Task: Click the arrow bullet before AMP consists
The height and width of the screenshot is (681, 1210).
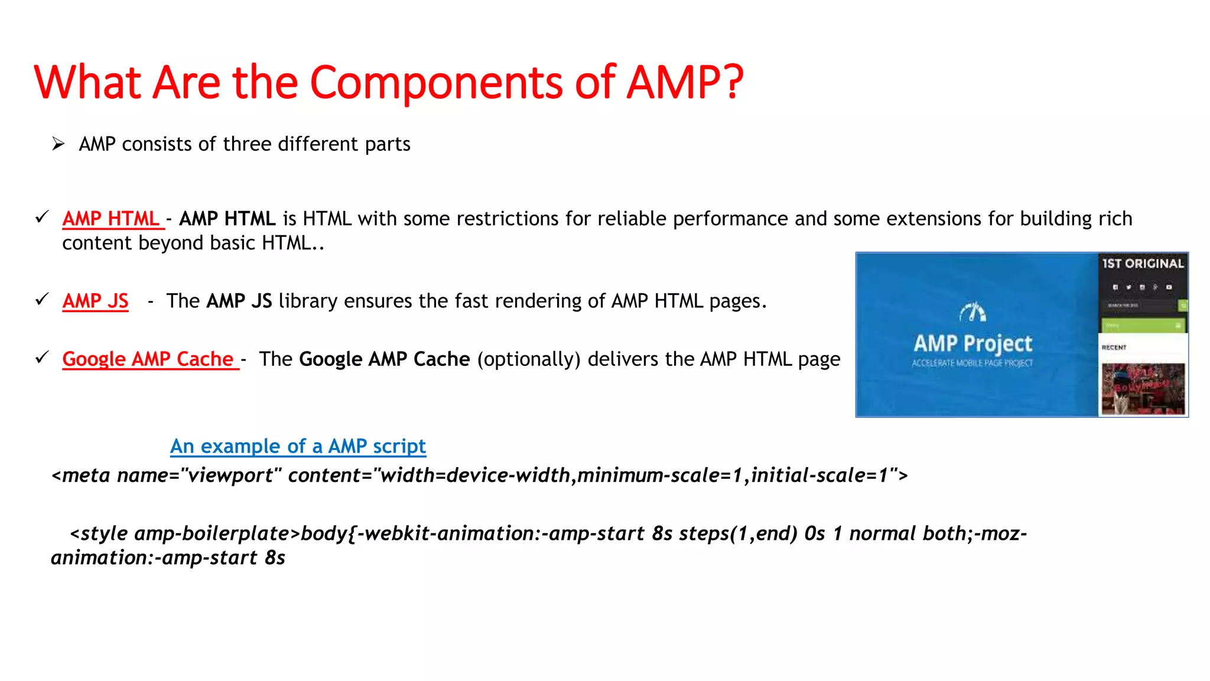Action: point(58,144)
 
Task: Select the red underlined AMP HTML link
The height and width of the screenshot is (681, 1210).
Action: point(112,219)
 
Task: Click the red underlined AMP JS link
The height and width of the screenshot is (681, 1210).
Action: point(95,301)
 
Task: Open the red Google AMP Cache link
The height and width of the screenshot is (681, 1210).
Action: point(149,359)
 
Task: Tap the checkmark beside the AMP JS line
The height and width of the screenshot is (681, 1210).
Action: point(42,300)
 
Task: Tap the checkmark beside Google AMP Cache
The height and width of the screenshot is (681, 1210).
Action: point(42,358)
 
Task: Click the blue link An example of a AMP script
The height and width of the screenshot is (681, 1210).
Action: point(298,446)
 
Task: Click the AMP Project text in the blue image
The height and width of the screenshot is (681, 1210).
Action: point(972,343)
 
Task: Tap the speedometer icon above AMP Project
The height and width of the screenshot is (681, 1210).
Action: point(972,312)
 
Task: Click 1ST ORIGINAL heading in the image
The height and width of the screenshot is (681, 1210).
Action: point(1143,264)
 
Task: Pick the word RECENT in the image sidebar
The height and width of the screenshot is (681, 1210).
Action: point(1114,348)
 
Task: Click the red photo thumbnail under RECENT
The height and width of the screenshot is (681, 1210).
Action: point(1143,388)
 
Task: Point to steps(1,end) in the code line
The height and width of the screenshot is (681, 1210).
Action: point(738,534)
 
